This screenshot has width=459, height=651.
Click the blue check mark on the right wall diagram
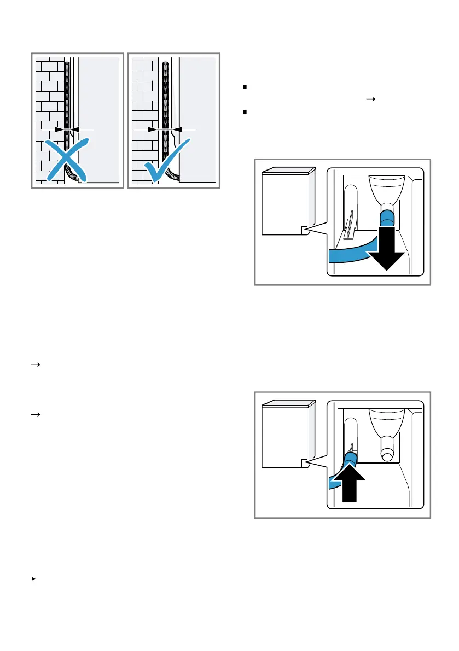167,159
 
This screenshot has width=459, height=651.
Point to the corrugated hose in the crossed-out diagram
67,98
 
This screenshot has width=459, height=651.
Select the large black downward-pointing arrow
385,249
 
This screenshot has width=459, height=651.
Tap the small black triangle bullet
34,578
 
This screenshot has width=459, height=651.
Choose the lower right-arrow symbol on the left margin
34,415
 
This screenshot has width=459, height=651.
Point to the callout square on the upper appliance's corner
305,230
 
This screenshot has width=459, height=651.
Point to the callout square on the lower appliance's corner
305,464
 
